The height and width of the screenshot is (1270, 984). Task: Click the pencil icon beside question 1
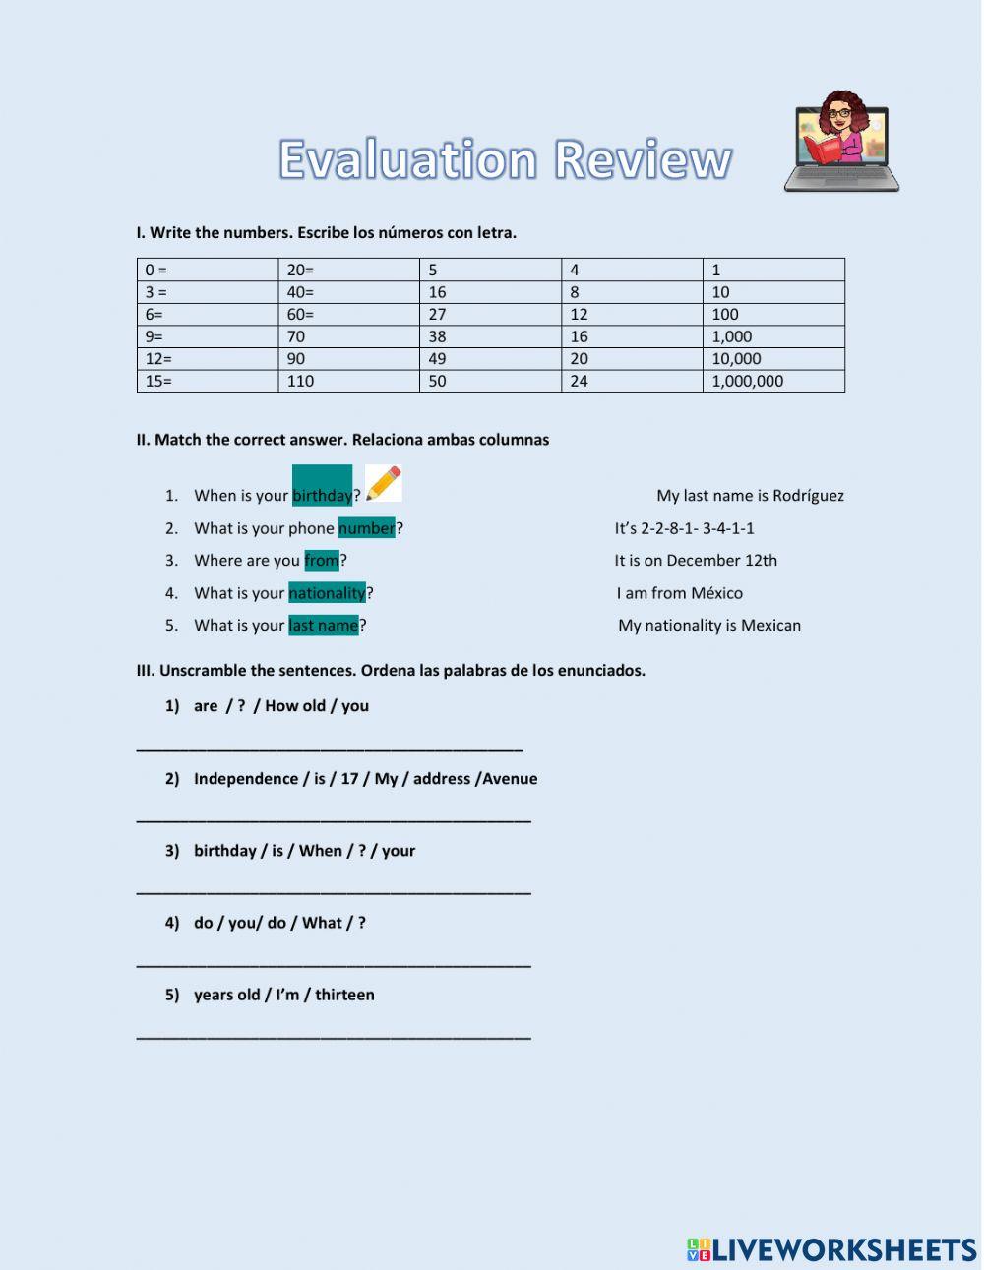(383, 483)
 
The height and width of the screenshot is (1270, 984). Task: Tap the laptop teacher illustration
(841, 143)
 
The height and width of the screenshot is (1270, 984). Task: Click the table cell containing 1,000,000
(772, 381)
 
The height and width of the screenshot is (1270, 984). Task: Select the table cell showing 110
(349, 381)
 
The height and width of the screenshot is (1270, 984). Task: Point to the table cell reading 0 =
(207, 270)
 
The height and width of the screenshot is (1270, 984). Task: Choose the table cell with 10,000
(772, 359)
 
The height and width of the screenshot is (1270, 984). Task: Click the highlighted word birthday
(322, 495)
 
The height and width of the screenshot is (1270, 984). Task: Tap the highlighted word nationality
(327, 593)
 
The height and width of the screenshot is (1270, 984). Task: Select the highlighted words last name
(323, 626)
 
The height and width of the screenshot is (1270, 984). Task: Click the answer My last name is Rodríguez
(750, 496)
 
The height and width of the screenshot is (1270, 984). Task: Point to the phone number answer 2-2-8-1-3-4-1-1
(685, 528)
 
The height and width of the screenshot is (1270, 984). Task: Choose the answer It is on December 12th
(696, 561)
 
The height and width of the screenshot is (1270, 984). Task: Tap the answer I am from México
(680, 593)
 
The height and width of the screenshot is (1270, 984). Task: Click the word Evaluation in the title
(408, 159)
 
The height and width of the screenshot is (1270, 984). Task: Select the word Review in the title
(644, 159)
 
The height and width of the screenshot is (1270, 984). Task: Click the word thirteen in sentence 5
(344, 995)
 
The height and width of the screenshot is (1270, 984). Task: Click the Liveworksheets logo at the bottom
(831, 1249)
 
